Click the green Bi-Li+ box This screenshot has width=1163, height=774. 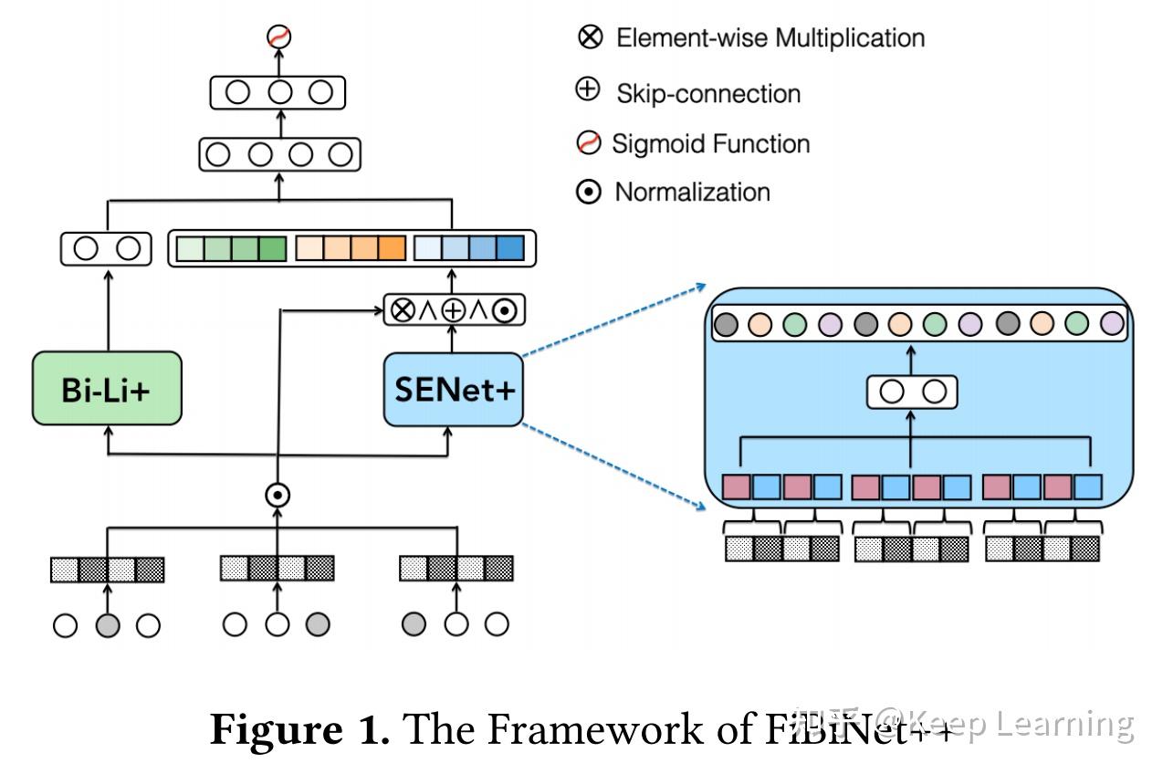click(x=107, y=389)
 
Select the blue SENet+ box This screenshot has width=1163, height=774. click(x=454, y=389)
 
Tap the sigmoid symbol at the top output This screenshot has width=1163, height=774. click(x=278, y=37)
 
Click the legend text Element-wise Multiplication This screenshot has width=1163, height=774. click(x=770, y=38)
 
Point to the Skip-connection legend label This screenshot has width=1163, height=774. click(x=708, y=93)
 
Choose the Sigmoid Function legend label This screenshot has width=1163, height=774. click(x=710, y=144)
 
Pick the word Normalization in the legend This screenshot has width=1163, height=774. click(x=692, y=193)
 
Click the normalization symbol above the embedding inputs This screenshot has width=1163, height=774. click(x=278, y=495)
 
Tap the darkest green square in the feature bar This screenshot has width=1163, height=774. click(x=271, y=248)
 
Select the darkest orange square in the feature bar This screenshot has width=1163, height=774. click(x=391, y=248)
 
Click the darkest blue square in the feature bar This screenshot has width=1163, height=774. click(x=511, y=248)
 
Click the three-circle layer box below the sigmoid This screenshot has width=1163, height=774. click(x=278, y=93)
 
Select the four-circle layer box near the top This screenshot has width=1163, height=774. click(x=278, y=154)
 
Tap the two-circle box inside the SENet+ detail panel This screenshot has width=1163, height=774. click(x=912, y=392)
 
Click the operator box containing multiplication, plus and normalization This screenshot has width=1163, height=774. click(x=454, y=310)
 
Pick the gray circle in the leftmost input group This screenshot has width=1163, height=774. click(x=107, y=625)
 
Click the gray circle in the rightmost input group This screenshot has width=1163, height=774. click(x=414, y=625)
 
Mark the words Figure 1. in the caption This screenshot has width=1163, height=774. click(x=300, y=730)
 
